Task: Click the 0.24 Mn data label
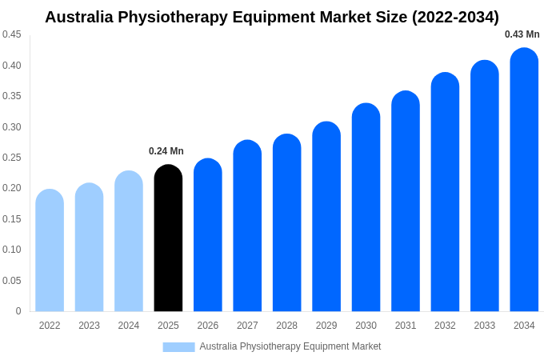click(x=166, y=151)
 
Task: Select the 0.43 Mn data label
click(x=522, y=34)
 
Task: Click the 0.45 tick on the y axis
click(x=12, y=34)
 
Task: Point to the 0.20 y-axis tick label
click(x=12, y=188)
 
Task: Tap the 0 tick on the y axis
click(x=18, y=311)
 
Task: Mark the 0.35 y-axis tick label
click(x=12, y=96)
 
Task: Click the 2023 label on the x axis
click(x=89, y=326)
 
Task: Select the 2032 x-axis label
click(x=445, y=326)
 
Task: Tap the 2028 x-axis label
click(x=286, y=326)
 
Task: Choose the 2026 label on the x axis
click(x=208, y=326)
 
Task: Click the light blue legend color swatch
click(x=178, y=346)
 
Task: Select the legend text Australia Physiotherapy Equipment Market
click(x=290, y=346)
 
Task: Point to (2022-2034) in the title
click(x=455, y=17)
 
